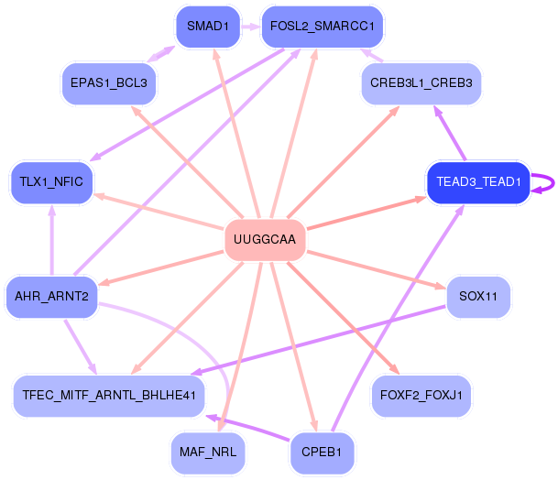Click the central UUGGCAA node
click(265, 240)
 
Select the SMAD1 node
click(207, 26)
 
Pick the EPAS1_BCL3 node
click(109, 83)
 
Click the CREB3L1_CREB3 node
click(421, 83)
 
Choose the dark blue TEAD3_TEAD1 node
click(478, 181)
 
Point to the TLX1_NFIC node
click(51, 181)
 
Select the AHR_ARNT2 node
click(51, 296)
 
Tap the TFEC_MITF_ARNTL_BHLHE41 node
click(109, 396)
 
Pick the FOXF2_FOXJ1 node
click(421, 396)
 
